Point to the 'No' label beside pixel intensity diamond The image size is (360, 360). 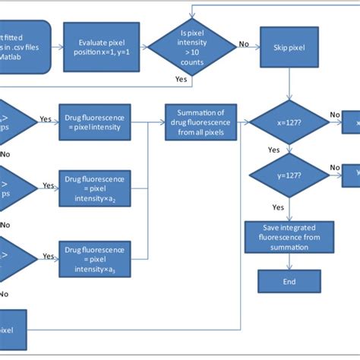pos(244,43)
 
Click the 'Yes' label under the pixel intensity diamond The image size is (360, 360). pos(182,79)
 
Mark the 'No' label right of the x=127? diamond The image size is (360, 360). pos(335,115)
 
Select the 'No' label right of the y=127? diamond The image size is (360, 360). pos(335,168)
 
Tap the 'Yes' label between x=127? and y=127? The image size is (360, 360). pos(273,150)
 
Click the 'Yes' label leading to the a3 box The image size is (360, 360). pos(48,253)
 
